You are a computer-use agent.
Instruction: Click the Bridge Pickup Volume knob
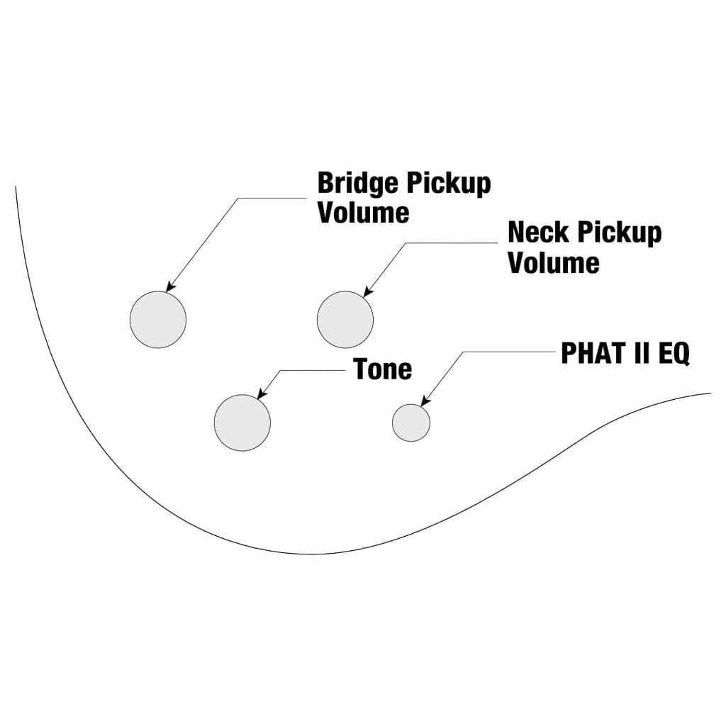(x=158, y=319)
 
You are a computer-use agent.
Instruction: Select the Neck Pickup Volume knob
(x=345, y=319)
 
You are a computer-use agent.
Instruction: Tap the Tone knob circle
(x=242, y=422)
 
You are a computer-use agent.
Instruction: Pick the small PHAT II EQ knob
(x=411, y=422)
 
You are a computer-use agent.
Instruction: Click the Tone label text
(x=383, y=369)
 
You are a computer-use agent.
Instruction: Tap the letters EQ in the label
(x=674, y=352)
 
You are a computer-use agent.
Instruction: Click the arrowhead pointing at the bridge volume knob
(x=169, y=287)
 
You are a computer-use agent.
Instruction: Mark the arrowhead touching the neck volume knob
(x=367, y=291)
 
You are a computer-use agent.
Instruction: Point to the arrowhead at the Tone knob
(x=261, y=394)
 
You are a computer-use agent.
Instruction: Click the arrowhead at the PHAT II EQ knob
(x=424, y=403)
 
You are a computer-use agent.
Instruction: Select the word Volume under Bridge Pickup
(x=363, y=213)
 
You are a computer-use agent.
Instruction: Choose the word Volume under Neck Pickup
(x=554, y=263)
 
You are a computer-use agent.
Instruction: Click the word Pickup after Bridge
(x=448, y=184)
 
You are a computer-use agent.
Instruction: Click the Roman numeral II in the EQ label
(x=640, y=352)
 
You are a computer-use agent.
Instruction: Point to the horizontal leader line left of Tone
(x=312, y=370)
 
